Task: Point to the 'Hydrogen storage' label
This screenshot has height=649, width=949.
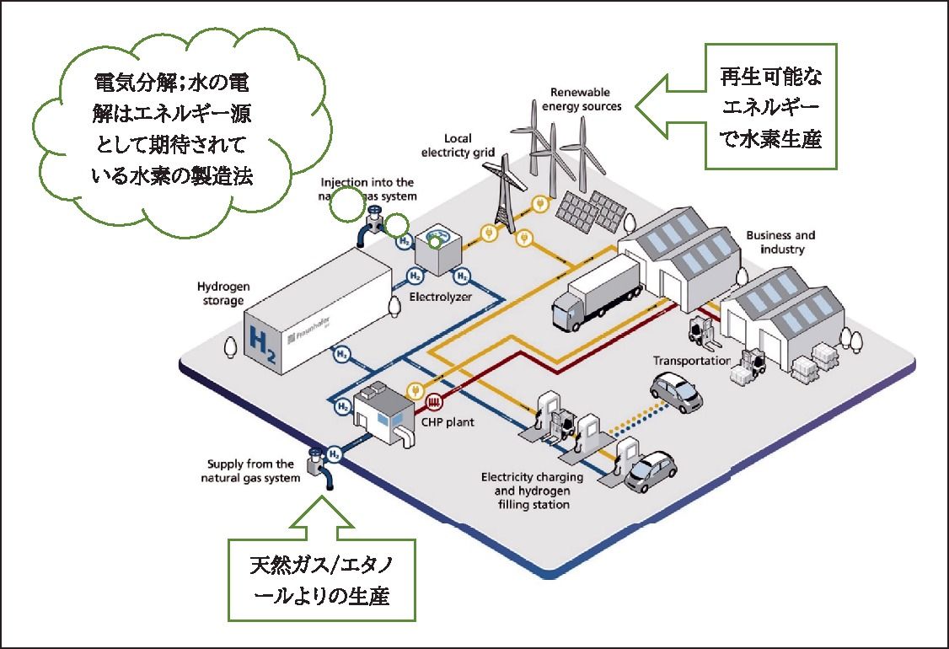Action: (220, 293)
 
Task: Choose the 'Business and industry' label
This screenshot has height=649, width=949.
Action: (780, 243)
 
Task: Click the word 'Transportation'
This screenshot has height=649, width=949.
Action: (691, 361)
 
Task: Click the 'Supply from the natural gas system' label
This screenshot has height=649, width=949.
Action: (249, 470)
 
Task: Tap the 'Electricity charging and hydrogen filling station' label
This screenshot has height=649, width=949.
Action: (526, 491)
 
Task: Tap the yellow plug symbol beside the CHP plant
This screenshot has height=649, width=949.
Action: (414, 391)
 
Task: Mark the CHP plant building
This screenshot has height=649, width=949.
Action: (380, 412)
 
